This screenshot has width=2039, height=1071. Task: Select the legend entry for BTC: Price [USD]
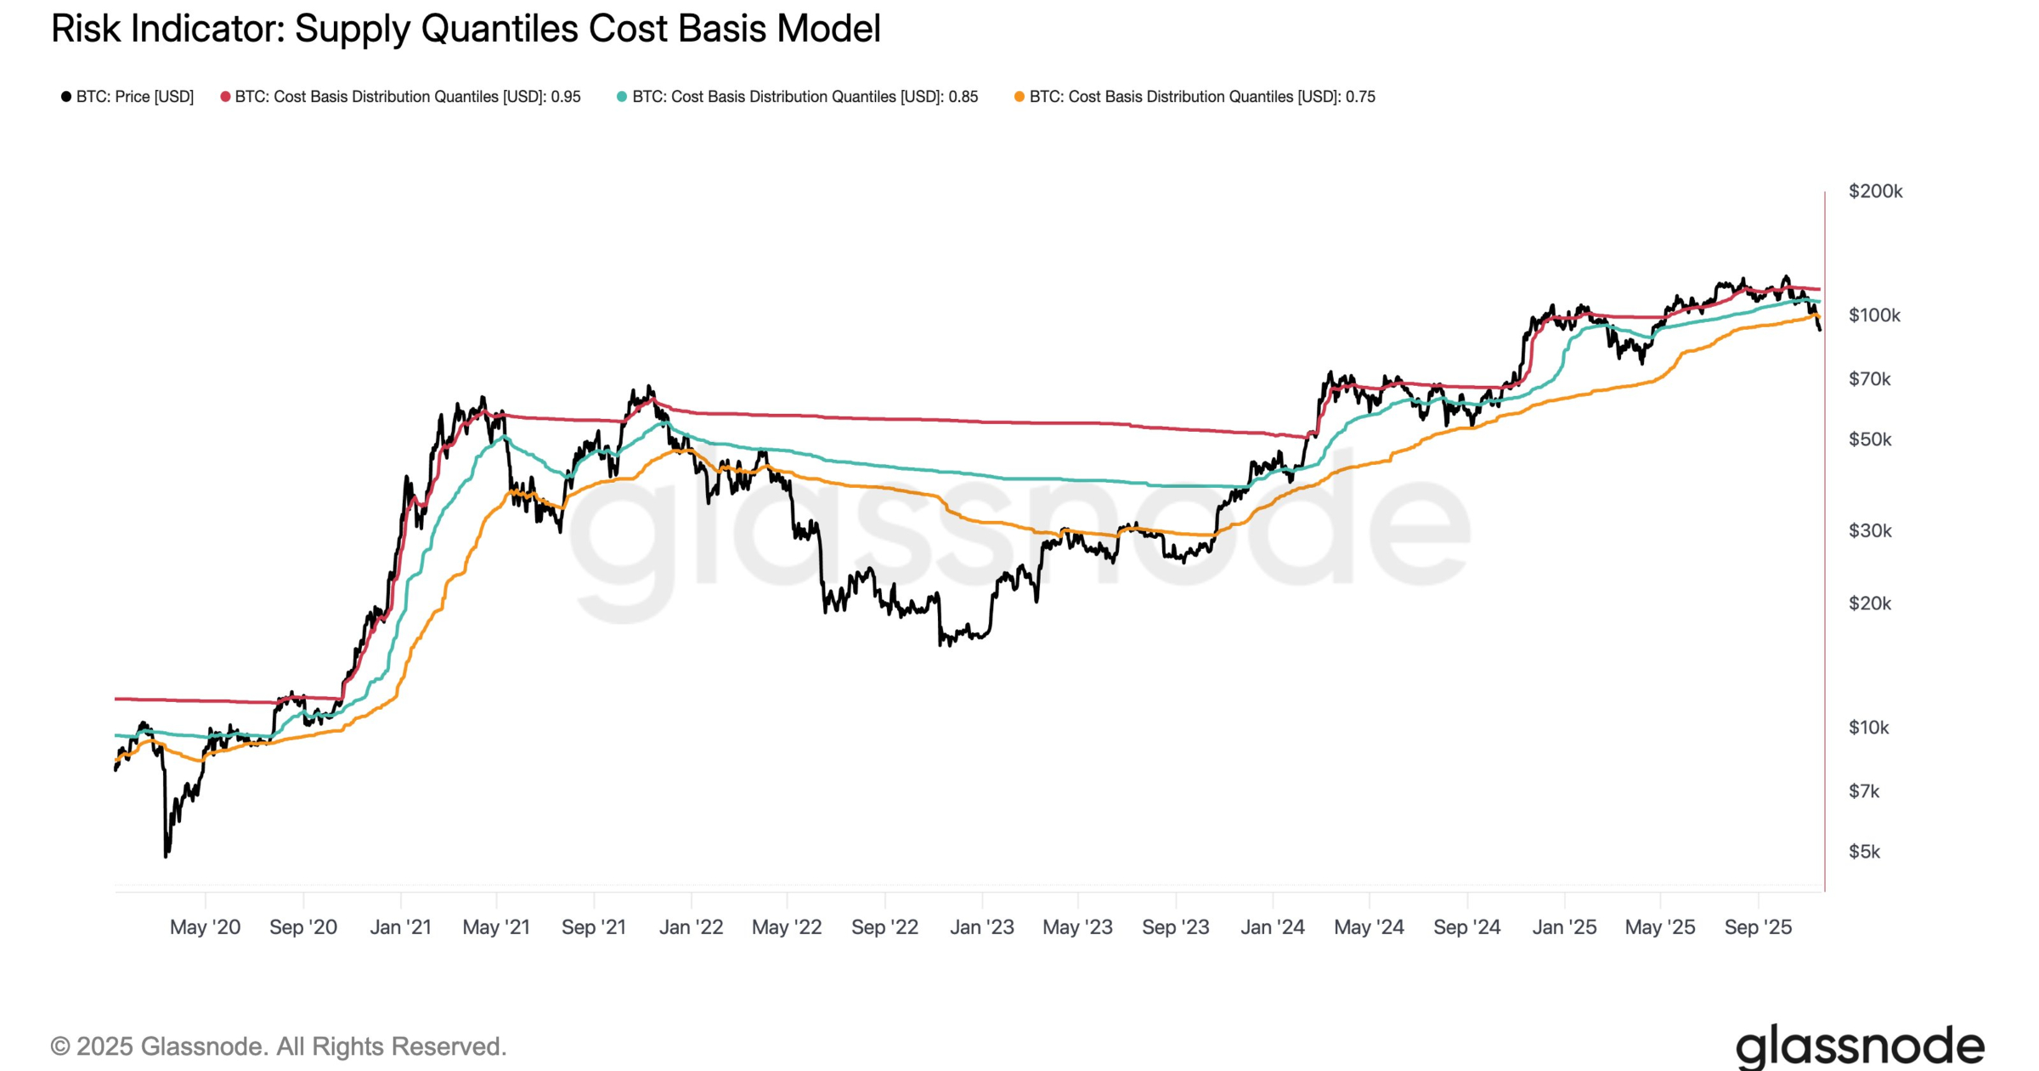point(134,97)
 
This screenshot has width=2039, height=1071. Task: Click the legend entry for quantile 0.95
point(407,97)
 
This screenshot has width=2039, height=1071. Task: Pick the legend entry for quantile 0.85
point(805,97)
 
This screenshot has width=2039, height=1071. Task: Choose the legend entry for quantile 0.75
point(1201,97)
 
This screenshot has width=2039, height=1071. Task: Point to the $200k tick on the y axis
point(1875,191)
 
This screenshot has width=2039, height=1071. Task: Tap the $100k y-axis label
point(1874,315)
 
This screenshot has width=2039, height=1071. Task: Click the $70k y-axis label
point(1869,379)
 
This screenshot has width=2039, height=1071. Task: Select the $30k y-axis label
point(1870,531)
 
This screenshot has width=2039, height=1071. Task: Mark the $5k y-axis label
point(1864,852)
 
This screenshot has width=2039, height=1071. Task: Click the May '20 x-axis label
point(205,927)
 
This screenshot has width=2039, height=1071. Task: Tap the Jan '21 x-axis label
point(400,927)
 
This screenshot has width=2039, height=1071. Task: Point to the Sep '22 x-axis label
point(884,927)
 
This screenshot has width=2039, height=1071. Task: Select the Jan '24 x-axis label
point(1272,927)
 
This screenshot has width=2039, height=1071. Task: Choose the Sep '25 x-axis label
point(1758,927)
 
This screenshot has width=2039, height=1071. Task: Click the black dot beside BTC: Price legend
point(65,97)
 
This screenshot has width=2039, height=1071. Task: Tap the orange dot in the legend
point(1019,97)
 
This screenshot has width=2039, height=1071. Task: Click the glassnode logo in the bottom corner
point(1860,1046)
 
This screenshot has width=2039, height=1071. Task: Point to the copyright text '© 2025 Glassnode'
point(278,1046)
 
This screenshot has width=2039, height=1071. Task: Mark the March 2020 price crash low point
point(166,855)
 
